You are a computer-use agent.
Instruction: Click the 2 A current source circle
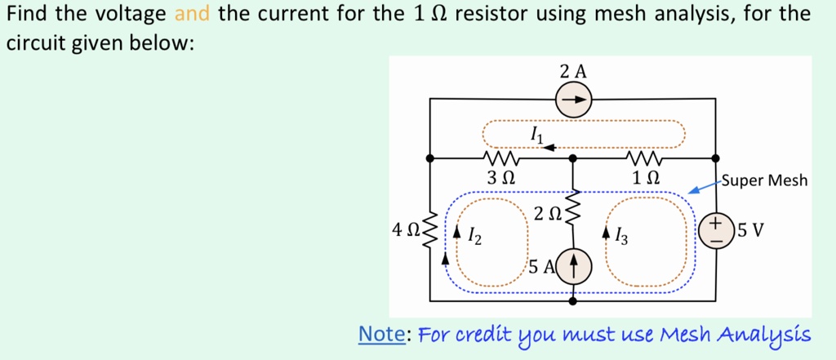pyautogui.click(x=574, y=100)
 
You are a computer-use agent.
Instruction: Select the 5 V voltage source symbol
pyautogui.click(x=716, y=229)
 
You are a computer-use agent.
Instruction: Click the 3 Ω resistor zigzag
pyautogui.click(x=499, y=157)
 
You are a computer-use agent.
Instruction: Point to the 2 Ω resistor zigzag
pyautogui.click(x=573, y=211)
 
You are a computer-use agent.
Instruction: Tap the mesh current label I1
pyautogui.click(x=536, y=132)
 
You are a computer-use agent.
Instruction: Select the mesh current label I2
pyautogui.click(x=474, y=237)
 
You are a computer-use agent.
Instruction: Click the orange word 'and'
pyautogui.click(x=193, y=14)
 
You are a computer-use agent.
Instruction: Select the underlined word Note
pyautogui.click(x=383, y=335)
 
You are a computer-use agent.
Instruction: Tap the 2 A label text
pyautogui.click(x=573, y=71)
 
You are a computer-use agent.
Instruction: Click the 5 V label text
pyautogui.click(x=751, y=229)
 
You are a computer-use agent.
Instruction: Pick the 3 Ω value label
pyautogui.click(x=500, y=177)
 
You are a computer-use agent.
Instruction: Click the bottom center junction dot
pyautogui.click(x=573, y=301)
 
